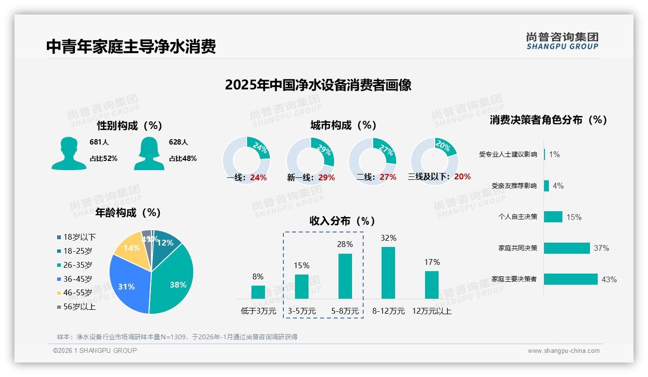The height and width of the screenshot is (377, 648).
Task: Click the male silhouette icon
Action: click(x=69, y=154)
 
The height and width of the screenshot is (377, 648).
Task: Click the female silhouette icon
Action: click(x=149, y=154)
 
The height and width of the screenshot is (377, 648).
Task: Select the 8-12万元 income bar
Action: click(x=388, y=273)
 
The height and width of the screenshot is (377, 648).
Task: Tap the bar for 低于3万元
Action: click(x=258, y=292)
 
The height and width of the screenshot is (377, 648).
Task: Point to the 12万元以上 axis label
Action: click(x=431, y=311)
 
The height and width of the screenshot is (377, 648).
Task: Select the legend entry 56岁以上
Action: click(x=76, y=306)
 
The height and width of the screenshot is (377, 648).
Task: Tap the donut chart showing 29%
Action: click(x=310, y=161)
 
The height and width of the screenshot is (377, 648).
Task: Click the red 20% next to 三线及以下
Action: click(x=462, y=177)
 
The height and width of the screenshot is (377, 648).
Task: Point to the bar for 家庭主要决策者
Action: click(x=571, y=279)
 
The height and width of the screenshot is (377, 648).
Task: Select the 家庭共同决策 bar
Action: click(x=567, y=248)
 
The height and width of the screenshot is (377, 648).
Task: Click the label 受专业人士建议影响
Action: click(x=508, y=155)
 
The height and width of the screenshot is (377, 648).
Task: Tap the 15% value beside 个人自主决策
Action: click(x=574, y=217)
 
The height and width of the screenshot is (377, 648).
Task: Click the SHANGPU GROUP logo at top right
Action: click(x=562, y=41)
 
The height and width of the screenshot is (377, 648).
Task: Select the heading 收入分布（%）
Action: click(x=342, y=221)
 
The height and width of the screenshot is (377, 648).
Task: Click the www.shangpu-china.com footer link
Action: click(x=563, y=351)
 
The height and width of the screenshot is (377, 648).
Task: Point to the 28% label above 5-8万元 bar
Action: click(x=345, y=245)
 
